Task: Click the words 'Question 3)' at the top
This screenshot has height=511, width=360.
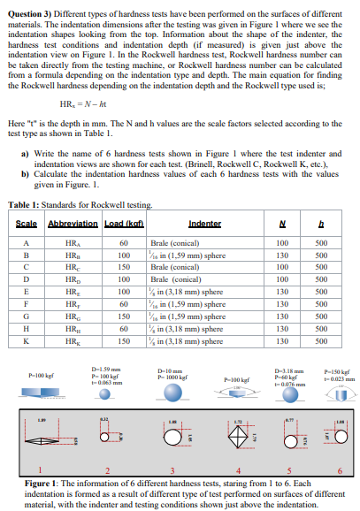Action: point(27,6)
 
